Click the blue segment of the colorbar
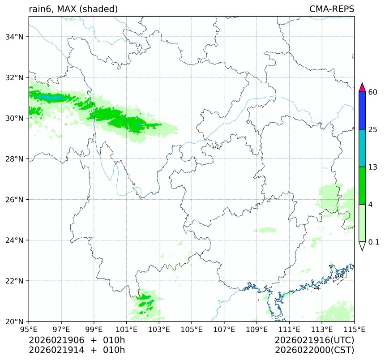(x=363, y=111)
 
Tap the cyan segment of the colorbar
(x=363, y=148)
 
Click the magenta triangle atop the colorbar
(x=363, y=87)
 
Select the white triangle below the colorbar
(x=363, y=246)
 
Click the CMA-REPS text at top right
(x=332, y=9)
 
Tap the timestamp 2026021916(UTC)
(x=315, y=340)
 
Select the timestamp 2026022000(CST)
(x=315, y=350)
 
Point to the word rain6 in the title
(x=39, y=9)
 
